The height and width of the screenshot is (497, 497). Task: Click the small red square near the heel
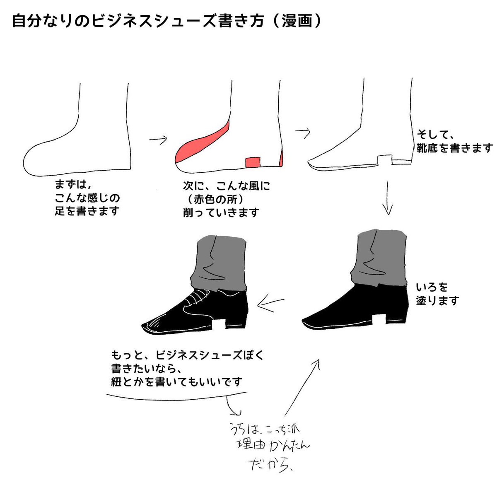[x=253, y=162]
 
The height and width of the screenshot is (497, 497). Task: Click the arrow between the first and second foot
[x=158, y=140]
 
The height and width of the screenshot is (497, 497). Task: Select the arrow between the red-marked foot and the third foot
[x=302, y=132]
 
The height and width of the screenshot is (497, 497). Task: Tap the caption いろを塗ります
[x=437, y=293]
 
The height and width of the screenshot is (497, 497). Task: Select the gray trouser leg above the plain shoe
[x=379, y=257]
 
